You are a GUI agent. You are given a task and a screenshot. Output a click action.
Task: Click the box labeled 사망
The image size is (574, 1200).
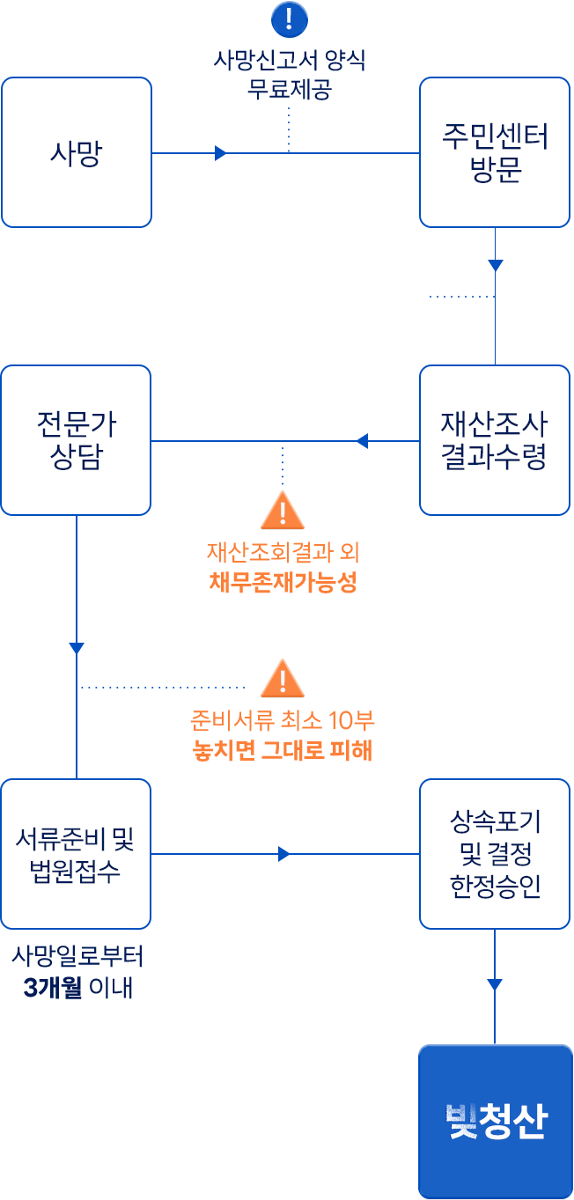click(76, 152)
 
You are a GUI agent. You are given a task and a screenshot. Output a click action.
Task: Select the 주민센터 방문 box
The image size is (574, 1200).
click(494, 152)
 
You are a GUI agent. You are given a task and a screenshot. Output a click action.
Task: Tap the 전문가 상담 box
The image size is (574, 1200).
click(76, 440)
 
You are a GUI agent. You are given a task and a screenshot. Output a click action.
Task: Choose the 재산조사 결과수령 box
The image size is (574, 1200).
click(494, 440)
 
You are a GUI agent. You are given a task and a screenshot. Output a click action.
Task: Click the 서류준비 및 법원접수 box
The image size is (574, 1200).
click(76, 853)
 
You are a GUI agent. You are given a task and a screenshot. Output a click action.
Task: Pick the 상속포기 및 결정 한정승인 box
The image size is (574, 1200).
click(494, 853)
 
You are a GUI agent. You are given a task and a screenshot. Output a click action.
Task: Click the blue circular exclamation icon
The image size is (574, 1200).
click(289, 18)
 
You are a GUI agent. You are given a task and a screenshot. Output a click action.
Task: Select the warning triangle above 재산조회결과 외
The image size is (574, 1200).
click(283, 511)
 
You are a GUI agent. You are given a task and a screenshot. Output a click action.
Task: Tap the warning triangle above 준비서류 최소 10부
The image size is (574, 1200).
click(283, 679)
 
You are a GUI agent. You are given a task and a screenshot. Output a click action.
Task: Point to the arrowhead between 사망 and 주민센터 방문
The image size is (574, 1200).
click(221, 153)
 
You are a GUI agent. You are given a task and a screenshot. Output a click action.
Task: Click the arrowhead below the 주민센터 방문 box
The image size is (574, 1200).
click(495, 265)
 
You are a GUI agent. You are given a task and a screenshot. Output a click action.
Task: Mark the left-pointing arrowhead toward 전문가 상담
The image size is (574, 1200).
click(361, 441)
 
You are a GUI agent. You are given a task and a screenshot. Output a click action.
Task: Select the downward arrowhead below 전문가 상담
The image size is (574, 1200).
click(77, 649)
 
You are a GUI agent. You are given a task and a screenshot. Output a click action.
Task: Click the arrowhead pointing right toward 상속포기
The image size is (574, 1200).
click(283, 854)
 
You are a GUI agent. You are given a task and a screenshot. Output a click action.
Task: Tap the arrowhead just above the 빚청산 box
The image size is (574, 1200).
click(495, 984)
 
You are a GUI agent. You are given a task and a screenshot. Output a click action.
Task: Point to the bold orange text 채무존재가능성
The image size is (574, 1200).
click(283, 583)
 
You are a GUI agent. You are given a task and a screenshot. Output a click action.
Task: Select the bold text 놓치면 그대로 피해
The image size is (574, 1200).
click(283, 751)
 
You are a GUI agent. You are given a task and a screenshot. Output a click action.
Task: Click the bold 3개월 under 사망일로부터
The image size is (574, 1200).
click(53, 988)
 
